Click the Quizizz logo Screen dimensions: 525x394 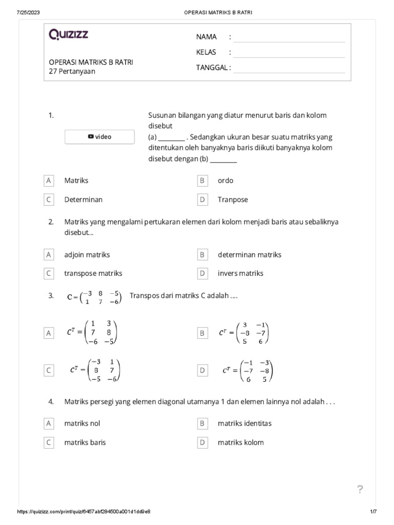tap(68, 34)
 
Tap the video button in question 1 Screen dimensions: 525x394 tap(100, 137)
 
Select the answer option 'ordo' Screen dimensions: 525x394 tap(225, 180)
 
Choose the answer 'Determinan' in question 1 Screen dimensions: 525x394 tap(83, 199)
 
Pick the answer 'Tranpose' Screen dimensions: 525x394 tap(232, 199)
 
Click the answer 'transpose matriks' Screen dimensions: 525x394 tap(93, 273)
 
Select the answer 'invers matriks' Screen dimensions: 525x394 tap(240, 273)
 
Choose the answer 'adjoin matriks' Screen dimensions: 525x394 tap(87, 254)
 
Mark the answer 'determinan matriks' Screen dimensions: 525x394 tap(249, 254)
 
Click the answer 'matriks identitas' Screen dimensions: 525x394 tap(244, 423)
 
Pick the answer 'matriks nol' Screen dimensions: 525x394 tap(82, 423)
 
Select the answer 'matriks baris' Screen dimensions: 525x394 tap(85, 442)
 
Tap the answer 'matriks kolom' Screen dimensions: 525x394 tap(241, 442)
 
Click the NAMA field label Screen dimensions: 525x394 tap(206, 37)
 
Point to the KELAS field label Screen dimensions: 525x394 tap(206, 52)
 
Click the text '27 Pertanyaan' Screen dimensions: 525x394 tap(72, 71)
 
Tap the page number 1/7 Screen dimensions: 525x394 tap(373, 512)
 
